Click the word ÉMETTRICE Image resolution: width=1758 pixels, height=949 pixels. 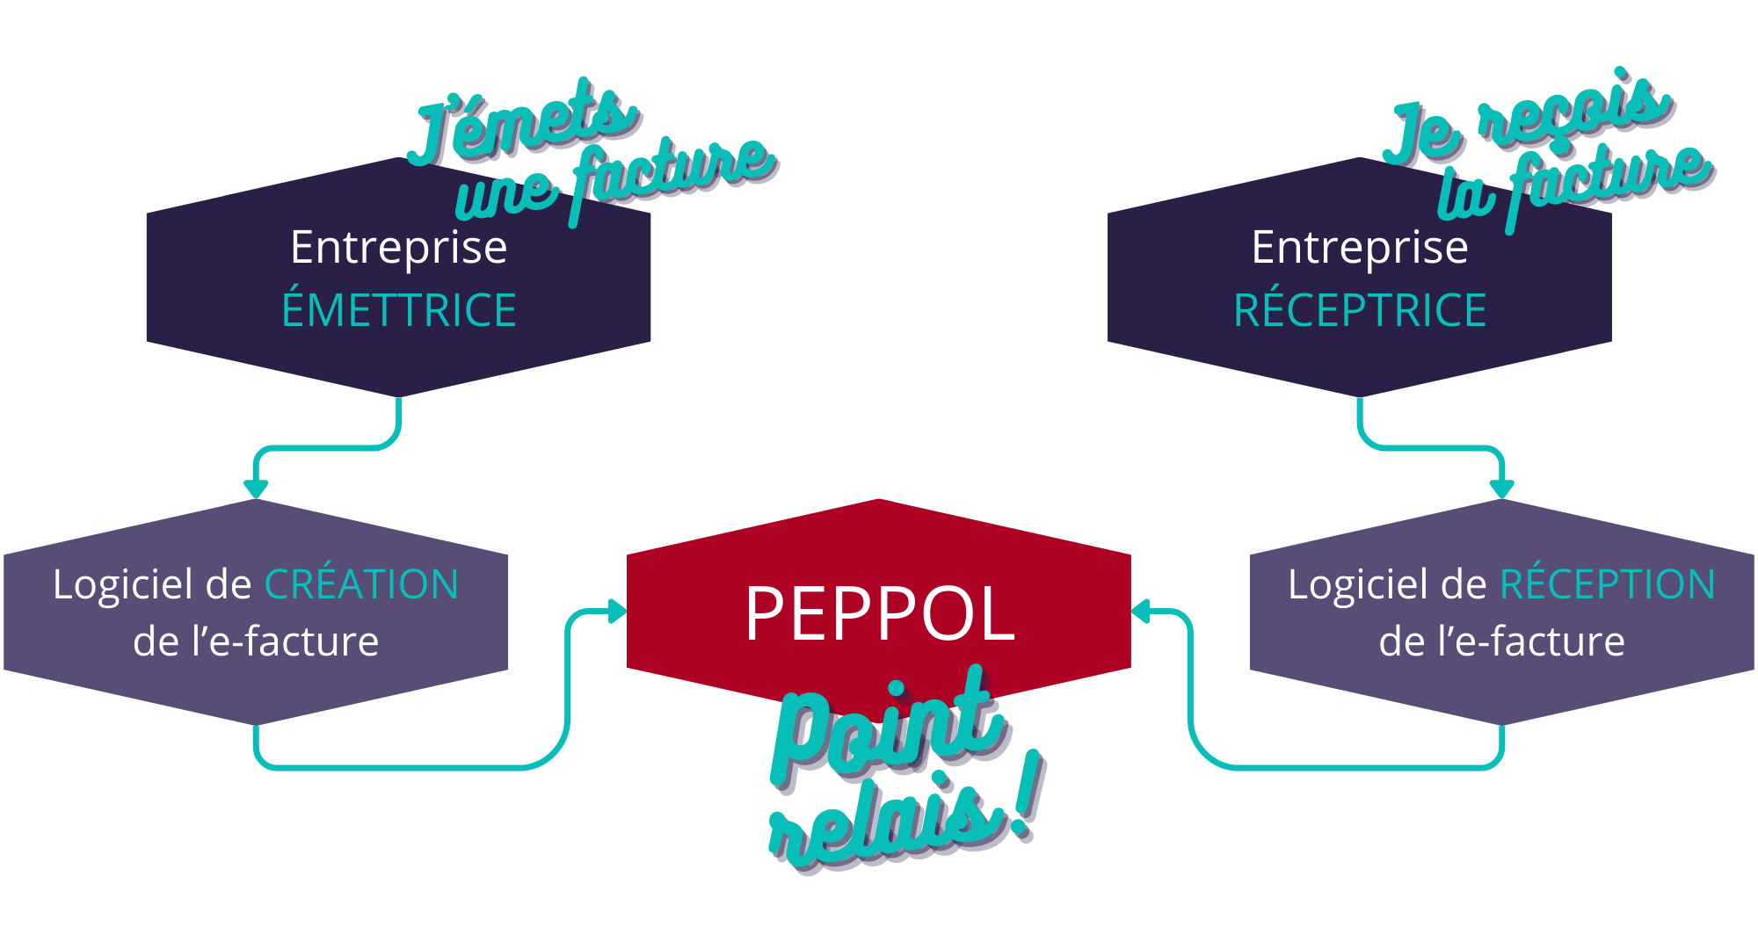[x=398, y=310]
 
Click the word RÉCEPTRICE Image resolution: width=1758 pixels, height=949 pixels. [x=1360, y=310]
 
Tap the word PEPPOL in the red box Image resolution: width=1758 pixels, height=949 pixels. [x=879, y=613]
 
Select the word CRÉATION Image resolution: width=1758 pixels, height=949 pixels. [x=361, y=584]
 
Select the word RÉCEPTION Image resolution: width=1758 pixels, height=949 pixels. [x=1607, y=584]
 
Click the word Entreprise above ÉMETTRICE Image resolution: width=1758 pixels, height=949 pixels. [x=398, y=247]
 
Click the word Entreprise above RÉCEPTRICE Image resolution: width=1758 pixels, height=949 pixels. [x=1360, y=247]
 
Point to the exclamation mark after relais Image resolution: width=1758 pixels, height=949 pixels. [x=1027, y=795]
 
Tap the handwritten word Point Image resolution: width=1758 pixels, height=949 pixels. [x=888, y=729]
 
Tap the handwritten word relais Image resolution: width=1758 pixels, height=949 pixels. [x=883, y=822]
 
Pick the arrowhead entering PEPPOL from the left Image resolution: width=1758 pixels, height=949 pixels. [x=617, y=611]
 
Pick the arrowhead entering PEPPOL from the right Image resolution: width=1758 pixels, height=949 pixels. [x=1141, y=611]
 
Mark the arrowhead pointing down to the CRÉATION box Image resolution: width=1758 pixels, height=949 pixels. [x=256, y=489]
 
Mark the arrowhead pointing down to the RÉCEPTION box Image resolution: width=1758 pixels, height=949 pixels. [x=1501, y=489]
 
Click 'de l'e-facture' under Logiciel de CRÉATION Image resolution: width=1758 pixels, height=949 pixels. [x=256, y=641]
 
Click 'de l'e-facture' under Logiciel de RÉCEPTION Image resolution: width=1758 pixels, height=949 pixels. [x=1501, y=641]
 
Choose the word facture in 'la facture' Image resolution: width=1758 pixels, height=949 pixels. [x=1609, y=180]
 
